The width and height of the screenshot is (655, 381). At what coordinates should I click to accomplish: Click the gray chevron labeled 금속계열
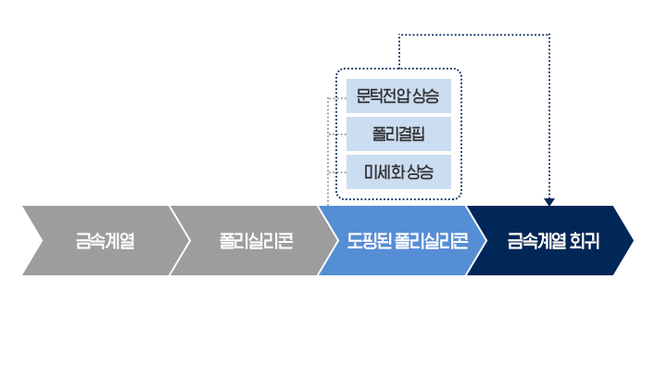point(105,242)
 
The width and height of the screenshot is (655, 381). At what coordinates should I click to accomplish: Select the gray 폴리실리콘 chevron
point(256,242)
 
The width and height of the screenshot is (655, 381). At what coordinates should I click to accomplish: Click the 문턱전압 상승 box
point(397,95)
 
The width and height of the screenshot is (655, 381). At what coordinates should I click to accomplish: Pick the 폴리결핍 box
point(397,133)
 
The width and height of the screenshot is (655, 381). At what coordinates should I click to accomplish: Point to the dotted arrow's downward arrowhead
point(549,201)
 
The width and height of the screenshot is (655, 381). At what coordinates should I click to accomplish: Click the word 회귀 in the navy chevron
point(585,242)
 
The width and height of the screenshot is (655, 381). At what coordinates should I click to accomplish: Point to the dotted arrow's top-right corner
point(549,35)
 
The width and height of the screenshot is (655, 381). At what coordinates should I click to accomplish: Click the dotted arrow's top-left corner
point(398,35)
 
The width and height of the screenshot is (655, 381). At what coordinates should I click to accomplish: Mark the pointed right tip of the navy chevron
point(633,241)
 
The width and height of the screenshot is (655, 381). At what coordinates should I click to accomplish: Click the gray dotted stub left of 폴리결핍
point(337,134)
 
